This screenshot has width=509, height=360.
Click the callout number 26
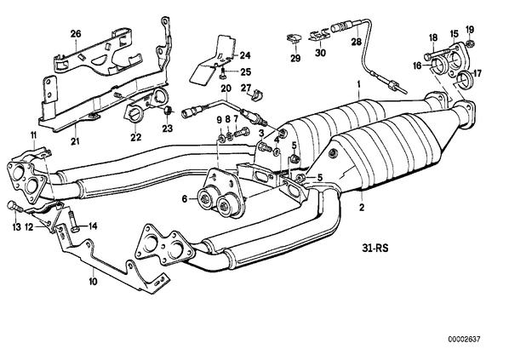click(76, 33)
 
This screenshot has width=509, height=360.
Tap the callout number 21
click(75, 140)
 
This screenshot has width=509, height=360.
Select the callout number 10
click(93, 281)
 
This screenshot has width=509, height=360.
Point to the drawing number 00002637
click(464, 340)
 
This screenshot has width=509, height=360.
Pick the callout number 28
click(356, 42)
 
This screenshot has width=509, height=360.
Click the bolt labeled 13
click(13, 207)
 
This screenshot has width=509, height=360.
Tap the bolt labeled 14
click(73, 222)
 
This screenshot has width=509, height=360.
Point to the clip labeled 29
click(295, 38)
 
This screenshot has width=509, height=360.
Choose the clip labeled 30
click(319, 35)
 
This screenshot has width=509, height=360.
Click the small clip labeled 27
click(256, 94)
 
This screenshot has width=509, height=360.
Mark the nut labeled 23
click(167, 111)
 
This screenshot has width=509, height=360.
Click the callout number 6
click(185, 198)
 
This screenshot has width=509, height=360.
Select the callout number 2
click(362, 207)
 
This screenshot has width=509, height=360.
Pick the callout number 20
click(226, 88)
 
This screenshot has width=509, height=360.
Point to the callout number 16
click(417, 66)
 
